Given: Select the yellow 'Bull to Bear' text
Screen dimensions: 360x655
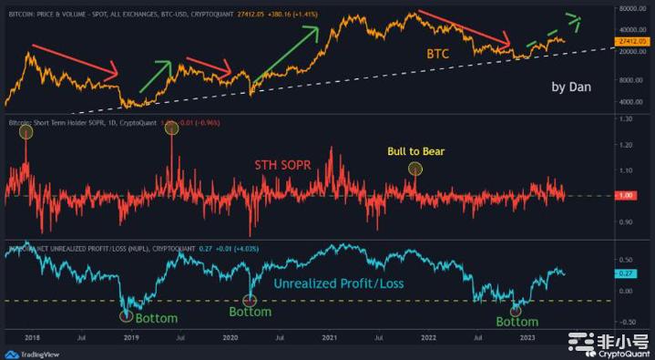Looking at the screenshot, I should (x=415, y=150).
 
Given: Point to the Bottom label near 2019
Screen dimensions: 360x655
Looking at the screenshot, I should (x=156, y=318).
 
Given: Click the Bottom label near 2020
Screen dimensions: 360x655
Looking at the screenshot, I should (x=250, y=312).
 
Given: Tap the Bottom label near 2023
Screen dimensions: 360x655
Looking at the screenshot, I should (x=517, y=321).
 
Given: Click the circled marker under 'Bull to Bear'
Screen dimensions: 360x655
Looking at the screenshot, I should (x=416, y=169).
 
